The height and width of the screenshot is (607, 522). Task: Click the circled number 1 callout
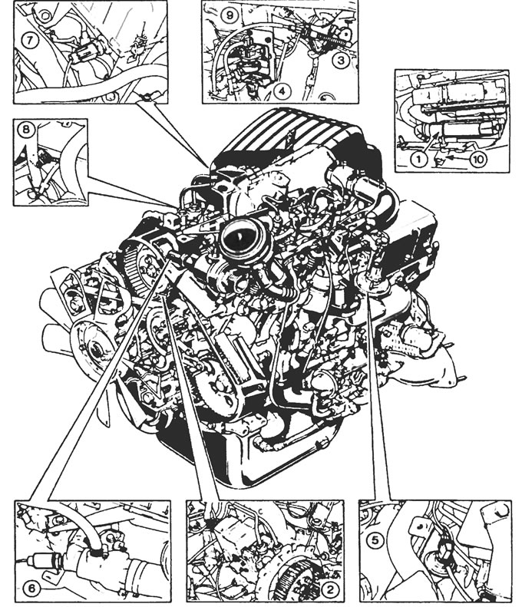coord(418,159)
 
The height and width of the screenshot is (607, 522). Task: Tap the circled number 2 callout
coord(330,589)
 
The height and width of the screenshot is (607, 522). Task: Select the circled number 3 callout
coord(340,61)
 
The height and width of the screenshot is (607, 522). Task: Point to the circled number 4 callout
coord(282,91)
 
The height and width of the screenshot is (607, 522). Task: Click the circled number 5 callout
coord(375,540)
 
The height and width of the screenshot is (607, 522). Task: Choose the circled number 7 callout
coord(30,40)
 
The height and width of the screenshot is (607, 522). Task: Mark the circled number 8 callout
coord(25,129)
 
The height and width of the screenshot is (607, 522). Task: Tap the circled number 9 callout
coord(230,15)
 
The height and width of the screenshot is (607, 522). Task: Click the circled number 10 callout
coord(478,159)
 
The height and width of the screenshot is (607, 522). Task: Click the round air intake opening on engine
coord(241,239)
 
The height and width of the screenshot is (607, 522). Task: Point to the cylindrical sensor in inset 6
coord(46,559)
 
